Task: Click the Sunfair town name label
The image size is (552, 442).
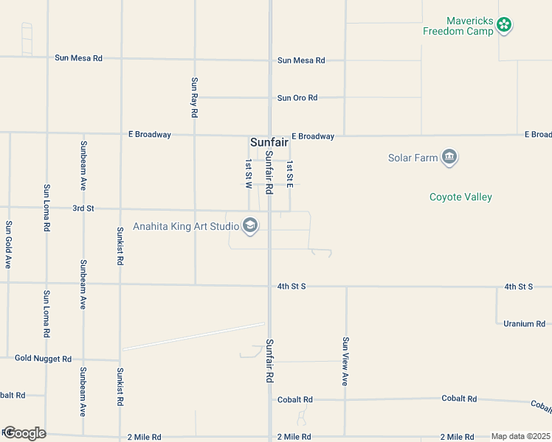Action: [269, 142]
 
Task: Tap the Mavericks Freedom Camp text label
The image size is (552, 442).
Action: [458, 26]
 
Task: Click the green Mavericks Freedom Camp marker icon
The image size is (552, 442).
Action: [505, 25]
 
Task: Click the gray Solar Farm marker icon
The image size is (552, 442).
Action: [449, 158]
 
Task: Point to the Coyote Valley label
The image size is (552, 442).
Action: [460, 197]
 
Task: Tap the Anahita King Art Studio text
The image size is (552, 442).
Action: [185, 226]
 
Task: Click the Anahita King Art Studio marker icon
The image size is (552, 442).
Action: [250, 225]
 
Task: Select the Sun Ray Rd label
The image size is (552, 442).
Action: [194, 98]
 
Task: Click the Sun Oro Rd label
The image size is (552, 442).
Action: [297, 97]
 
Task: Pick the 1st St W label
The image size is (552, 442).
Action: [249, 175]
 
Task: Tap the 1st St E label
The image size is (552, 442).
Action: [290, 174]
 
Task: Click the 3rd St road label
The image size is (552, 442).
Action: [83, 208]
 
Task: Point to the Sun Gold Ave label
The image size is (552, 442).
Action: [9, 244]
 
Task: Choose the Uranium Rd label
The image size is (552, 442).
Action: [524, 323]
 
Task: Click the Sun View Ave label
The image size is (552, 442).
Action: [345, 362]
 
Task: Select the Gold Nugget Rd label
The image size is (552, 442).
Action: [43, 359]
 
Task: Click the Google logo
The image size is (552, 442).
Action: [24, 432]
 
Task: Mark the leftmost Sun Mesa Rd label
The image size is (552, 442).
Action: [77, 57]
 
